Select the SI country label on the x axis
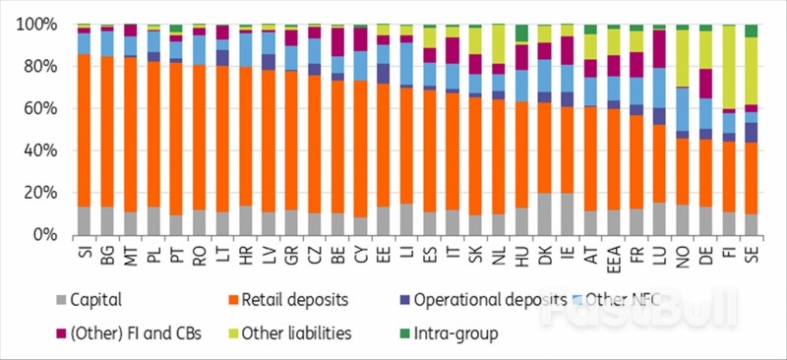[x=84, y=252]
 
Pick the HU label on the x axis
[x=521, y=253]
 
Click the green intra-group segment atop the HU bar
[x=521, y=33]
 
